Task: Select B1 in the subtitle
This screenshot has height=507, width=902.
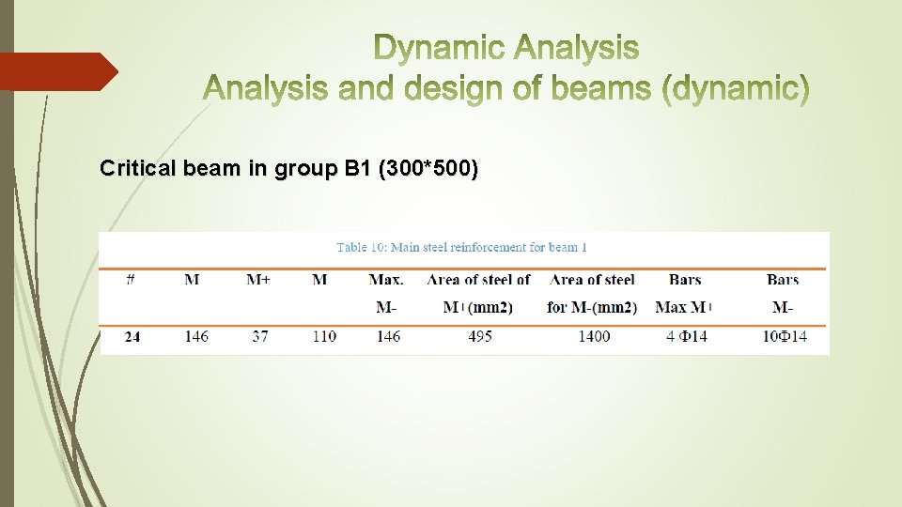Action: (x=357, y=169)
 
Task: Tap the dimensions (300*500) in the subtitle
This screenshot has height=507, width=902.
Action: (x=428, y=169)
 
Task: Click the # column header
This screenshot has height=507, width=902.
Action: (x=131, y=280)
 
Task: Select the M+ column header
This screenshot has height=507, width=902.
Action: (x=259, y=280)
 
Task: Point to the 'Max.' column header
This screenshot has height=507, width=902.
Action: (x=386, y=280)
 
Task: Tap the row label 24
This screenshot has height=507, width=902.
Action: (x=132, y=336)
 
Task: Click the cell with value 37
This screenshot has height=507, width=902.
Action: (x=259, y=336)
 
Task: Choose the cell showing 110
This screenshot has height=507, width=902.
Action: (x=323, y=336)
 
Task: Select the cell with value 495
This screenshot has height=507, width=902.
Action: (x=479, y=336)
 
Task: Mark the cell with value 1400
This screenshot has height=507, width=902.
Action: (x=593, y=336)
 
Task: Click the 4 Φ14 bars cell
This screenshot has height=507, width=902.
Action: (x=686, y=336)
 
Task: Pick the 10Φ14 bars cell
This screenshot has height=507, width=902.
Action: (x=784, y=336)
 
